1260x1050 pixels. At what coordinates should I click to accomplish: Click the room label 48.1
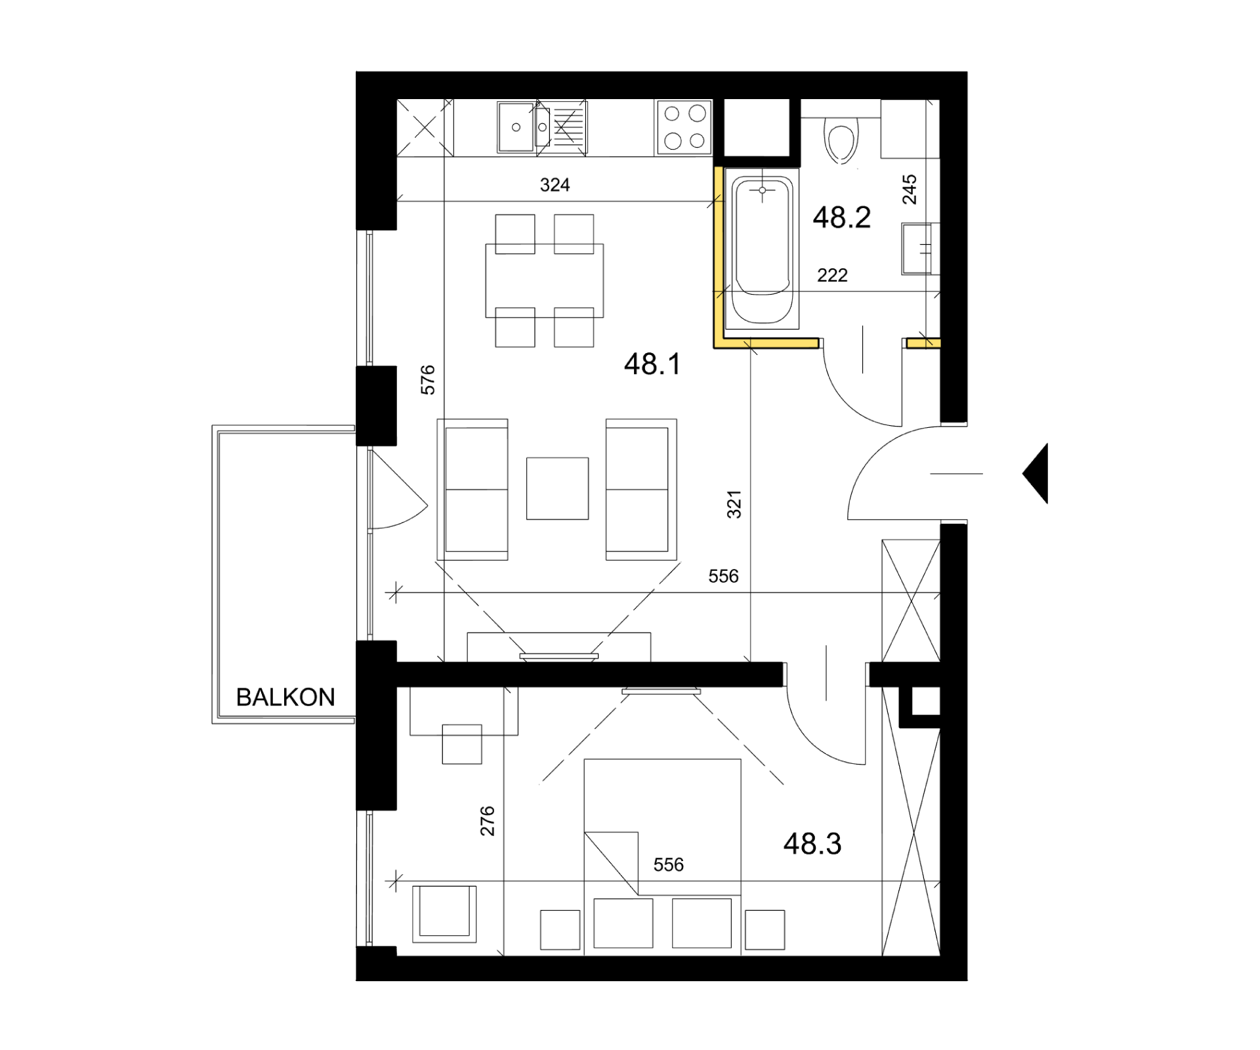(652, 364)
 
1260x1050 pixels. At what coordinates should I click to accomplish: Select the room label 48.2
(842, 217)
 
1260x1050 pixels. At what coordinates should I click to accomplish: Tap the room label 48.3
(812, 843)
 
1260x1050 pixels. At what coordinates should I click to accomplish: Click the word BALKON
(285, 697)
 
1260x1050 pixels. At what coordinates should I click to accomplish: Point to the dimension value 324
(555, 185)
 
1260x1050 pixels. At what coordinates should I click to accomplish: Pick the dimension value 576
(428, 380)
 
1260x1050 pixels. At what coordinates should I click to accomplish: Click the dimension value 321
(734, 504)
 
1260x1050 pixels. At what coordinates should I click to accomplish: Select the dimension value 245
(910, 190)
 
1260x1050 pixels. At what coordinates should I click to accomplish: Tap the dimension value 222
(832, 276)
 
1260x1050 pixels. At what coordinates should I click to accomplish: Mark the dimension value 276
(488, 821)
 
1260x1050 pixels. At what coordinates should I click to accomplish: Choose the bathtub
(762, 249)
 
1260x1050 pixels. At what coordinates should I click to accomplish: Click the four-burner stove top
(684, 128)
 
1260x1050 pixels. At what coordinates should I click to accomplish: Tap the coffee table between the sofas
(557, 489)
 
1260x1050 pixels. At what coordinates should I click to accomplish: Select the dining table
(545, 281)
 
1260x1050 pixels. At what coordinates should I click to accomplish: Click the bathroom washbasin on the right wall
(919, 249)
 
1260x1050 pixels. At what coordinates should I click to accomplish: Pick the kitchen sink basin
(515, 127)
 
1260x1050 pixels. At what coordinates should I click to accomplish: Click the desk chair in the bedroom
(462, 744)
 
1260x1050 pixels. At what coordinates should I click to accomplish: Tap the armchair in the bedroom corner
(444, 913)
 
